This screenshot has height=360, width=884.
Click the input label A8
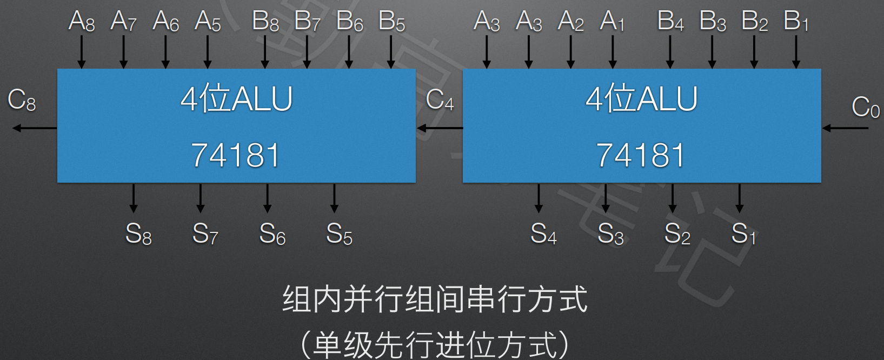point(82,22)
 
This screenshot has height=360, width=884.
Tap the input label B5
point(391,22)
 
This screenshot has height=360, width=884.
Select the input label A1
point(612,22)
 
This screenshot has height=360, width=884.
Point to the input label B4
point(670,22)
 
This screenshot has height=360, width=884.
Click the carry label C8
point(22,101)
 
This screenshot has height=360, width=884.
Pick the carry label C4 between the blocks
point(440,101)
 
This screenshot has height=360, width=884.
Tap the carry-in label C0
point(865,107)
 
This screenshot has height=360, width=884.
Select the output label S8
point(138,234)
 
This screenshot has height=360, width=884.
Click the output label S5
point(339,234)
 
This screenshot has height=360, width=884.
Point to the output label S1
point(744,234)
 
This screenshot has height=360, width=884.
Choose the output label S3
point(610,234)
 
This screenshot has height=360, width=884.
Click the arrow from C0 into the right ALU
point(845,128)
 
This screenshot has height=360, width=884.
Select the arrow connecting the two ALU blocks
point(440,128)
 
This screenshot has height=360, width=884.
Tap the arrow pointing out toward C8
point(35,128)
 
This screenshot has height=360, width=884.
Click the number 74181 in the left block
point(236,155)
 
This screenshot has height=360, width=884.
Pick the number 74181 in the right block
point(641,155)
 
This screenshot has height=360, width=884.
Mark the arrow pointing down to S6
point(267,198)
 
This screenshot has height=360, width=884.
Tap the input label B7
point(307,22)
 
